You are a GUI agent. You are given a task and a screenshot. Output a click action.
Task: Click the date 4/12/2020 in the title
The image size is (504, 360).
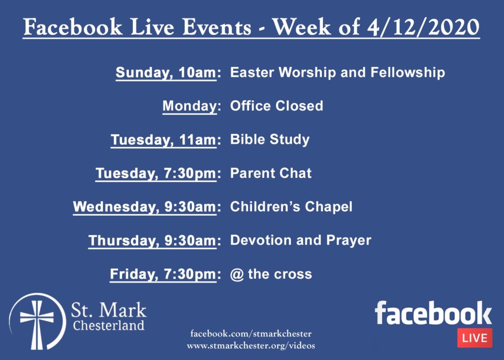coord(423,27)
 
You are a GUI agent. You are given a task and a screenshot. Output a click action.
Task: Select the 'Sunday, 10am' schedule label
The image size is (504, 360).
coord(166,72)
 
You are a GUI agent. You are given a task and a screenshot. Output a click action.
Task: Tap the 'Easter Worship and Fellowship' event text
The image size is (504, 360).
coord(338,72)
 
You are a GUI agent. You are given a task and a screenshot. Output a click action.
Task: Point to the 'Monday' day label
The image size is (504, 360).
coord(189,106)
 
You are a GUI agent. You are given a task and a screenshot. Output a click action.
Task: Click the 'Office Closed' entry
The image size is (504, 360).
coord(277,106)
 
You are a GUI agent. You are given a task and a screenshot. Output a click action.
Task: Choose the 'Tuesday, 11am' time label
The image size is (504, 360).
coord(163,140)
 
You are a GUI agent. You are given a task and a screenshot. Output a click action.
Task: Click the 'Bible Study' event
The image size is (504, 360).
coord(270,140)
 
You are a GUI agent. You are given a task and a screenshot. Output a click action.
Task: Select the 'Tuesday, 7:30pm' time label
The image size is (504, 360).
coord(156,173)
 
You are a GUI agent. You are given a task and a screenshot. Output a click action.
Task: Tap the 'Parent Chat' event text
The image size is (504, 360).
coord(271,173)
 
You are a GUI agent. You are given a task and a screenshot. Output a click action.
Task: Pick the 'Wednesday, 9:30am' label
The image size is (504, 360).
coord(145,207)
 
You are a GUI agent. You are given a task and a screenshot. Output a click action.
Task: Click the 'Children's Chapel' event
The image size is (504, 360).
coord(291,206)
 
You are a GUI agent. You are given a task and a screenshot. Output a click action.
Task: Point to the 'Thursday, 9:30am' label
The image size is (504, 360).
coord(153,241)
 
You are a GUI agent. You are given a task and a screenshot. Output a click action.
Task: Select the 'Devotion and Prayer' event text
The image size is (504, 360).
coord(301,240)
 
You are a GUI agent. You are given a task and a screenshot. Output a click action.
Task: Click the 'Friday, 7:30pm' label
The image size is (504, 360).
coord(163,274)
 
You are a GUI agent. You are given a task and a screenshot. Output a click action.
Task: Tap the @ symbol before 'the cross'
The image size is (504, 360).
coord(237,274)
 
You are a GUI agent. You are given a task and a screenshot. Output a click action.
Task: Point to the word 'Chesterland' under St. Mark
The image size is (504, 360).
coord(109,325)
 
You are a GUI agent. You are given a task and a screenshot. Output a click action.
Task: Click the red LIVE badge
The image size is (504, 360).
coord(474,338)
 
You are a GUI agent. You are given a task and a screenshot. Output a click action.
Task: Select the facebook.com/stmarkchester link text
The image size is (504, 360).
coord(251,333)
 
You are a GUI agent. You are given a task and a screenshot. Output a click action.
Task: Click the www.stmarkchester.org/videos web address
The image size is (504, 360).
coord(251,346)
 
